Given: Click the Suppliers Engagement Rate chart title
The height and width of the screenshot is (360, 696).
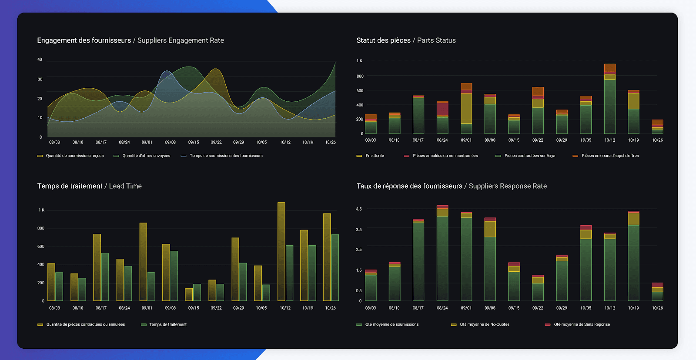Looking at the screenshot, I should coord(130,40).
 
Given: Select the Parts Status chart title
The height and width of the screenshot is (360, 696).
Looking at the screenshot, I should coord(406,40).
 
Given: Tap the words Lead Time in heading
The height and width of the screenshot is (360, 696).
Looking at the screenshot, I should coord(125,186).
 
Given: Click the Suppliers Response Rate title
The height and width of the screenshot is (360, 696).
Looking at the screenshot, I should coord(452,186).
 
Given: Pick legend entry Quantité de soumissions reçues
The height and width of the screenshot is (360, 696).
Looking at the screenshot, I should coord(74,156).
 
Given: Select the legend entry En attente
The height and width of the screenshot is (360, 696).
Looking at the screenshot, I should coord(374,156).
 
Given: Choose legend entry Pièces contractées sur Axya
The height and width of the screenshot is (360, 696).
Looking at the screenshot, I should coord(529,156).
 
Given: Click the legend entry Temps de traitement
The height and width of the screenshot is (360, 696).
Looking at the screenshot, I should coord(167,324).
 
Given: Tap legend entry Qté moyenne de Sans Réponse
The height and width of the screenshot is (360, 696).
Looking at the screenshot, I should coord(582,324).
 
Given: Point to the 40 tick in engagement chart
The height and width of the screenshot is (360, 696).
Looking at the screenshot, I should coord(40,60).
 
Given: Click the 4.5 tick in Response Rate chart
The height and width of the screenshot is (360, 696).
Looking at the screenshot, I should coord(359,209).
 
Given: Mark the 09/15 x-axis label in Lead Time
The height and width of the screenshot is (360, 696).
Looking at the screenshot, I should coord(194,308).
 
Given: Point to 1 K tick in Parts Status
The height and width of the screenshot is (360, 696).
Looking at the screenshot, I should coord(359,61).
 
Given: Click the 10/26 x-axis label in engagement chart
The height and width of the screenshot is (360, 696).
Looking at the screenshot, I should coord(330,142).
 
